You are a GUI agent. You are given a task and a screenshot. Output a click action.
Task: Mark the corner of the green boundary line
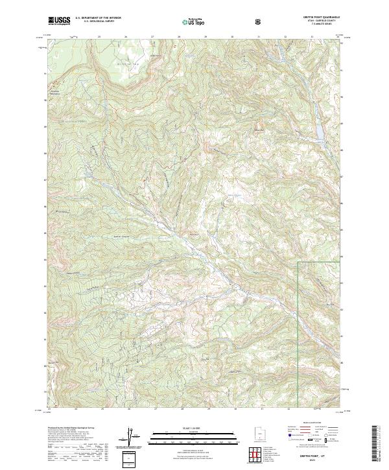[x=298, y=263]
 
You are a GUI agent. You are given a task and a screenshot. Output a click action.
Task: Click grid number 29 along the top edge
[x=206, y=37]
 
